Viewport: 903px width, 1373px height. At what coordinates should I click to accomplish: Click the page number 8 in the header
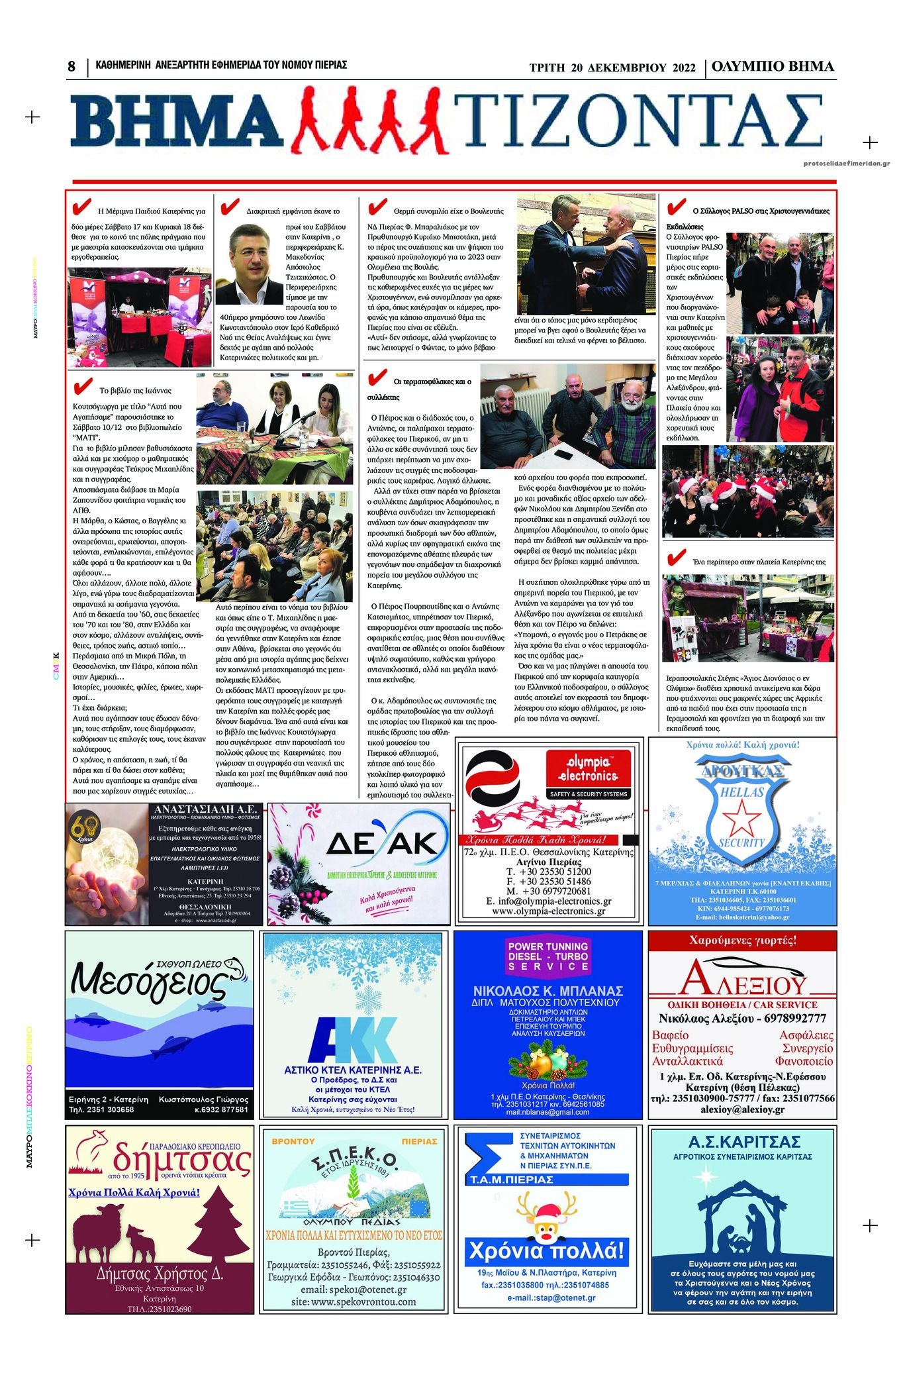[71, 67]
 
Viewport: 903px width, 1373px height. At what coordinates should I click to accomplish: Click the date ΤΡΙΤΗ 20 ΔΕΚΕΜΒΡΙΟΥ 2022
[612, 68]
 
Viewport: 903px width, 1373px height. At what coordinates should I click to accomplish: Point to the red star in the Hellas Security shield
[741, 818]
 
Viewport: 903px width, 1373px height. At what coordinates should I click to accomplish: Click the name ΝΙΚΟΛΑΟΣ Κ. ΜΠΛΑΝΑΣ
[548, 992]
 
